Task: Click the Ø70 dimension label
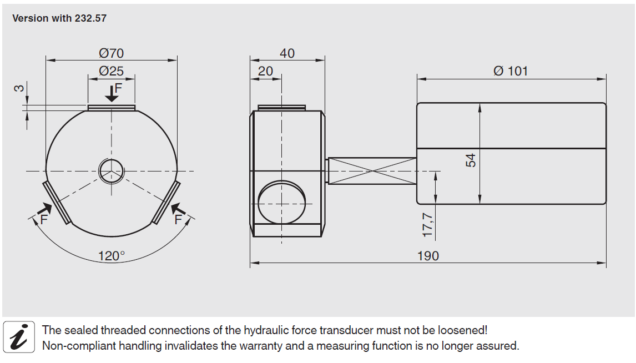pos(112,53)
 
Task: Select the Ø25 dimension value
pos(112,72)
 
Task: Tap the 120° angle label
pos(112,256)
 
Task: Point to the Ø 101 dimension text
pos(511,71)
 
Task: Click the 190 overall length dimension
pos(428,255)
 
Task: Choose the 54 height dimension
pos(471,160)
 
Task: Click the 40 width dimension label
pos(287,53)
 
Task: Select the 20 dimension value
pos(266,72)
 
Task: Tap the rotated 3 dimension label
pos(19,88)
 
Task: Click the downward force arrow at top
pos(112,94)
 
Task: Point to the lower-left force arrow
pos(45,210)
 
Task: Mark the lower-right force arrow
pos(178,210)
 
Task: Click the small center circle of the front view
pos(112,170)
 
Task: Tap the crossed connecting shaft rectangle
pos(372,171)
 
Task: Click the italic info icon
pos(19,337)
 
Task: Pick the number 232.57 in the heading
pos(90,18)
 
